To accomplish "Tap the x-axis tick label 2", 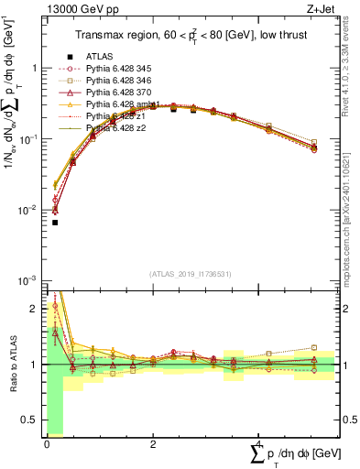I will pos(152,443).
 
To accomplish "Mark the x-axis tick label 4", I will pos(258,443).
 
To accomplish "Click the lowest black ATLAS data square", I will pos(55,223).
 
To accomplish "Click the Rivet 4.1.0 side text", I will pos(351,82).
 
